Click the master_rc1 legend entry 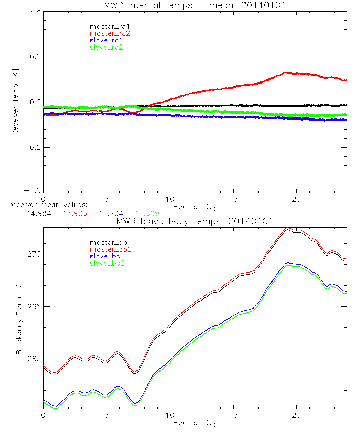(107, 26)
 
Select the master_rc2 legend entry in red (107, 33)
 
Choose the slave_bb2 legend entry (106, 264)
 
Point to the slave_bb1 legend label (106, 256)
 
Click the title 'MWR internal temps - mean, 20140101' (195, 5)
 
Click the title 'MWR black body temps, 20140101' (195, 221)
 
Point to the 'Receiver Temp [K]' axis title (15, 102)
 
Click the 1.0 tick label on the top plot (35, 12)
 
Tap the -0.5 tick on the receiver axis (32, 148)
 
